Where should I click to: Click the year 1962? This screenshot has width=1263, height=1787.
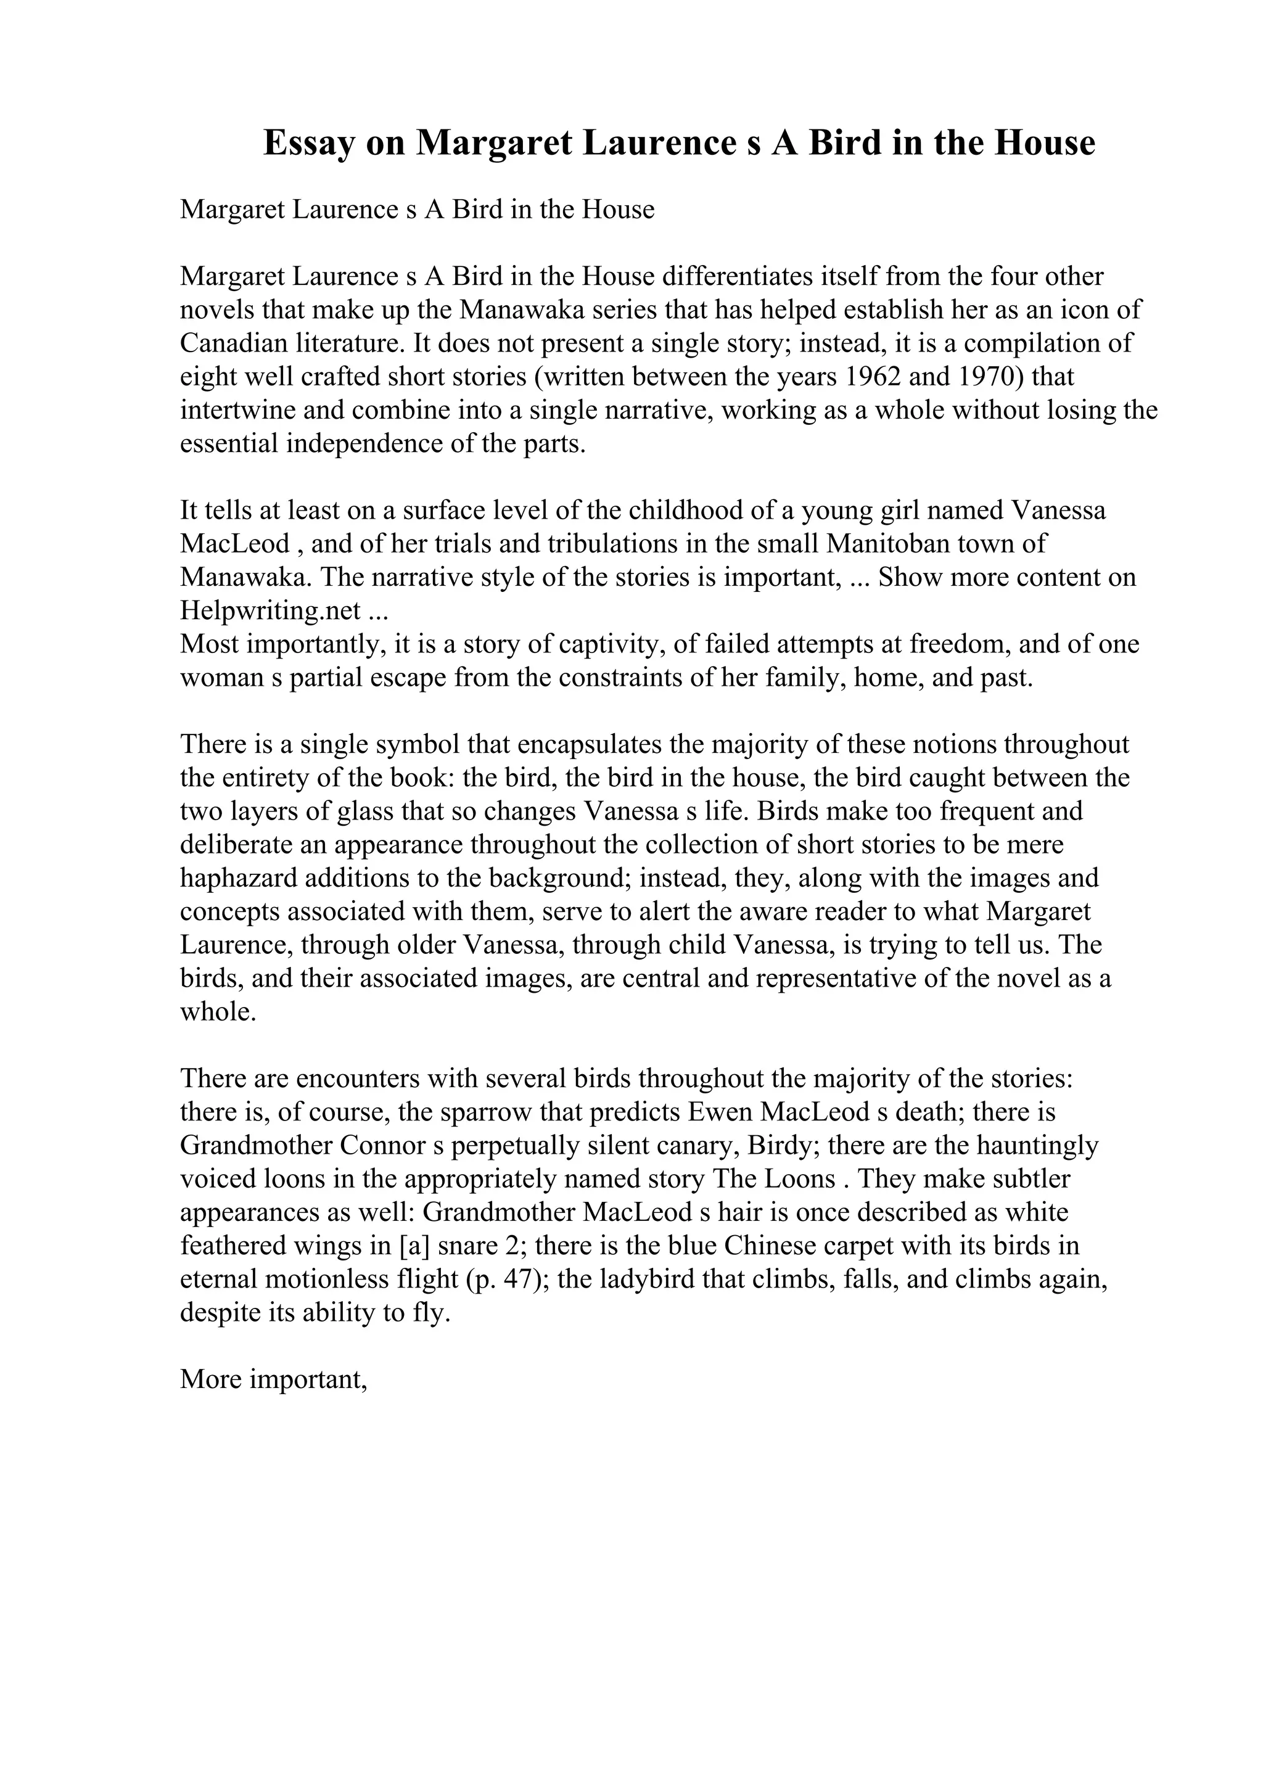click(873, 377)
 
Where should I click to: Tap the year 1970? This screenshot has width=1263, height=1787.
click(987, 377)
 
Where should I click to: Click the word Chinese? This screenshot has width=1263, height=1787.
click(770, 1246)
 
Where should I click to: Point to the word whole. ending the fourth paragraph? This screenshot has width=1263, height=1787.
click(218, 1013)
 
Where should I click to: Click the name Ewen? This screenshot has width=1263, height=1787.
click(719, 1112)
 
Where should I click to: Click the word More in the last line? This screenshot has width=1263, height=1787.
click(211, 1380)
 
